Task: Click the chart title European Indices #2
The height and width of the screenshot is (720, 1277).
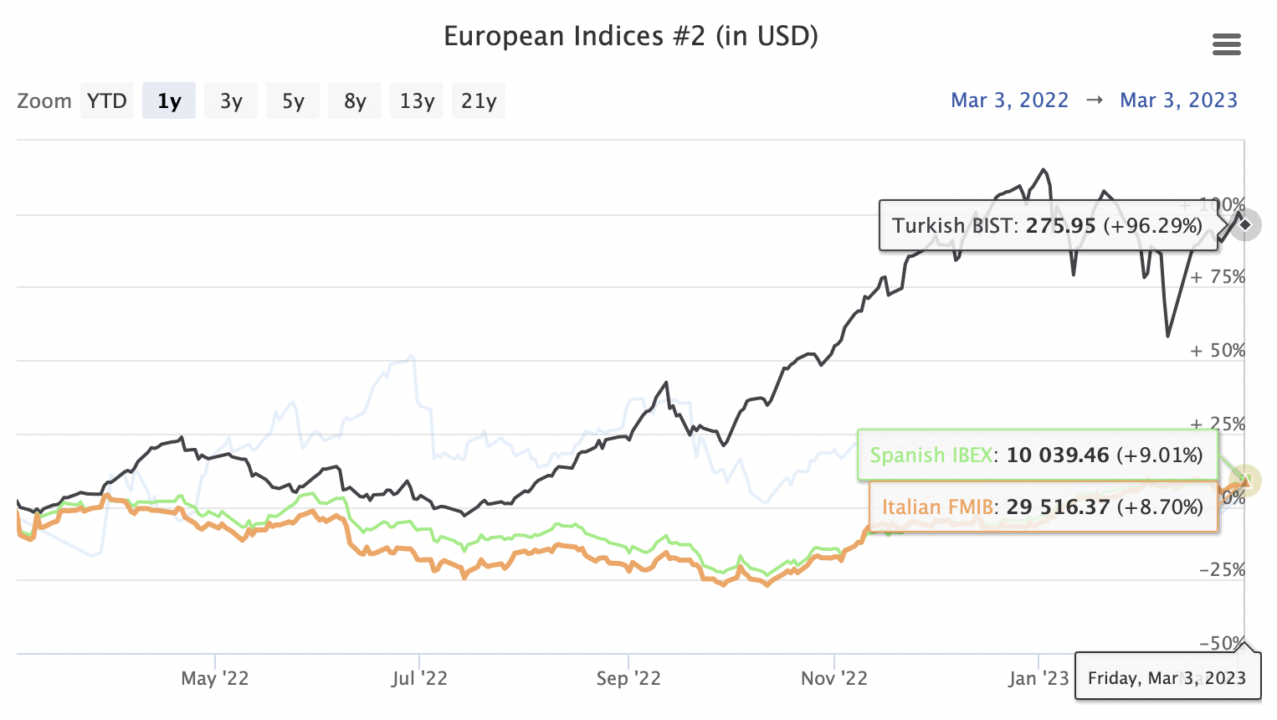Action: pyautogui.click(x=630, y=37)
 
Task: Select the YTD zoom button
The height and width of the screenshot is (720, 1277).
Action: pyautogui.click(x=107, y=101)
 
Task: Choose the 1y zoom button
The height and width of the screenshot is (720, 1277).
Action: pyautogui.click(x=169, y=101)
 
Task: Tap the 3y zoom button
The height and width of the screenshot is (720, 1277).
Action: pyautogui.click(x=231, y=101)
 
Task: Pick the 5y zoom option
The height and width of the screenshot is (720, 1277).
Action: pyautogui.click(x=293, y=101)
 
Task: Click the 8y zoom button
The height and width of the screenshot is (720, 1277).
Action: pyautogui.click(x=355, y=101)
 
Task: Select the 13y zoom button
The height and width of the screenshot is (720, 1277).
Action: pyautogui.click(x=417, y=101)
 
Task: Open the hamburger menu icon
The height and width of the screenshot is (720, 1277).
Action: pyautogui.click(x=1226, y=44)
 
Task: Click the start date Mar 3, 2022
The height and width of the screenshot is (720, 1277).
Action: pyautogui.click(x=1009, y=100)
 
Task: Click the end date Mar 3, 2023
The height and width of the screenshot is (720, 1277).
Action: pyautogui.click(x=1178, y=100)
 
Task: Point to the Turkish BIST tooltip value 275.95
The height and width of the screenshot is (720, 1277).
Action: pyautogui.click(x=1060, y=226)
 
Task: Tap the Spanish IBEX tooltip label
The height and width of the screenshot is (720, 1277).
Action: pyautogui.click(x=931, y=455)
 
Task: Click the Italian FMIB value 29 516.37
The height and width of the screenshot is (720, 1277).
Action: pyautogui.click(x=1058, y=507)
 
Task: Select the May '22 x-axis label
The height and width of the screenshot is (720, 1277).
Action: pyautogui.click(x=215, y=678)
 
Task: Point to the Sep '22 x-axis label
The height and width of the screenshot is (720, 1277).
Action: pyautogui.click(x=628, y=678)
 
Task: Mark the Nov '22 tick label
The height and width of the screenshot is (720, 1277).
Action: pyautogui.click(x=834, y=678)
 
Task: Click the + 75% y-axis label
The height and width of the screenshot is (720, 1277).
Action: pyautogui.click(x=1218, y=277)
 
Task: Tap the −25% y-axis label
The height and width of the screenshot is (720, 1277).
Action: pyautogui.click(x=1222, y=570)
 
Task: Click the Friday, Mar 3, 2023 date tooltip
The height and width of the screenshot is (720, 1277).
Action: pyautogui.click(x=1167, y=678)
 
